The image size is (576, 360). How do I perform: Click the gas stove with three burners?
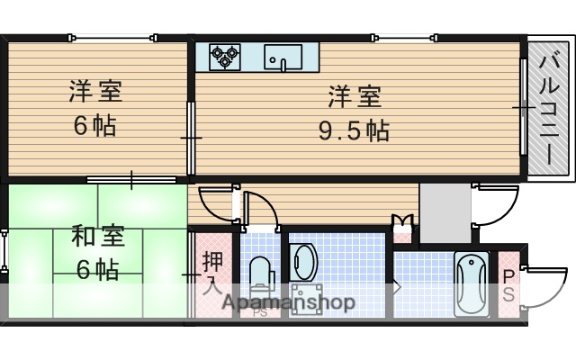tap(225, 58)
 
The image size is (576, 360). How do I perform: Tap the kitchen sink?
tap(283, 58)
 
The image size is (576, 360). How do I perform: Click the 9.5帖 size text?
tap(354, 131)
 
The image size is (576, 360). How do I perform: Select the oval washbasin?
tap(304, 262)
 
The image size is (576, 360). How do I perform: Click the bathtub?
tap(471, 283)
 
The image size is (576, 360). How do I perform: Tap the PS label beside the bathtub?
tap(508, 285)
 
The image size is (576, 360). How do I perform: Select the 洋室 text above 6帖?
tap(95, 92)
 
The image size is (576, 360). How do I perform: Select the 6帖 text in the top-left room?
tap(94, 125)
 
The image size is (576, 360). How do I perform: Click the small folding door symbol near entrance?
tap(402, 221)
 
